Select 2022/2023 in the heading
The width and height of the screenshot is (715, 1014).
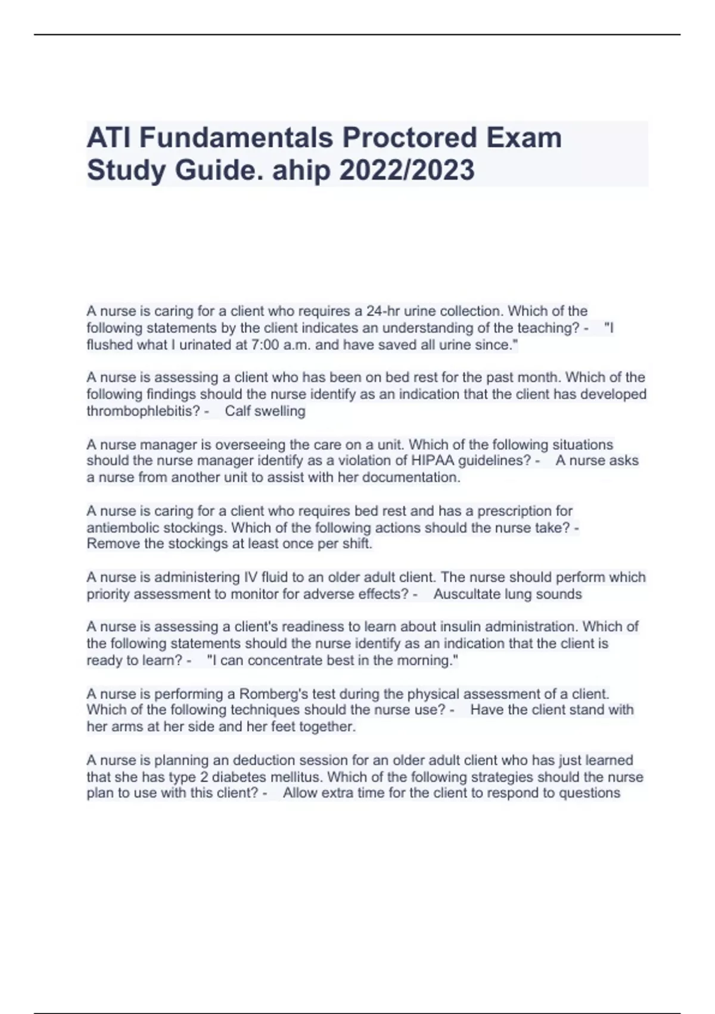point(407,170)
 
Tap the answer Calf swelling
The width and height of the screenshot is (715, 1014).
point(265,411)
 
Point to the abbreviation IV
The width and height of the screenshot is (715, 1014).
point(251,577)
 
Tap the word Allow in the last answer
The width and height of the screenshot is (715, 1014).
point(300,793)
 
